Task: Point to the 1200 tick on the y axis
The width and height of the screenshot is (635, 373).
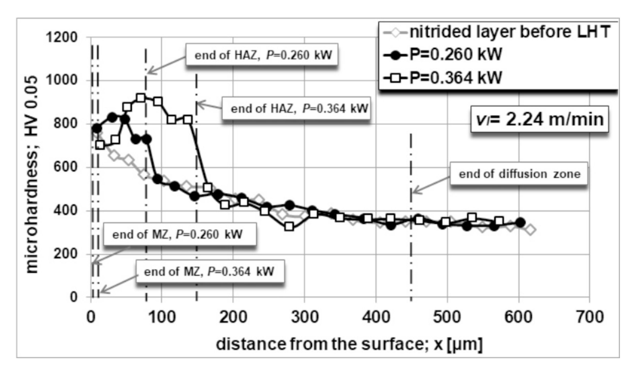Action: click(x=61, y=37)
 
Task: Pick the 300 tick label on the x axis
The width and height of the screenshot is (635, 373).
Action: click(x=305, y=317)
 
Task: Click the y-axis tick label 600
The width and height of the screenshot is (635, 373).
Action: click(x=65, y=167)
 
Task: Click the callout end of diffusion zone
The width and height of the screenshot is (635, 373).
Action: click(x=519, y=174)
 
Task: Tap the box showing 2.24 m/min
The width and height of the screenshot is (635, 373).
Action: click(x=539, y=120)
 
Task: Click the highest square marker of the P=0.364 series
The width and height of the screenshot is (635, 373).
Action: click(x=141, y=98)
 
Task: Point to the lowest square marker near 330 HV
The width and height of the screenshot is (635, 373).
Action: click(x=289, y=226)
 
